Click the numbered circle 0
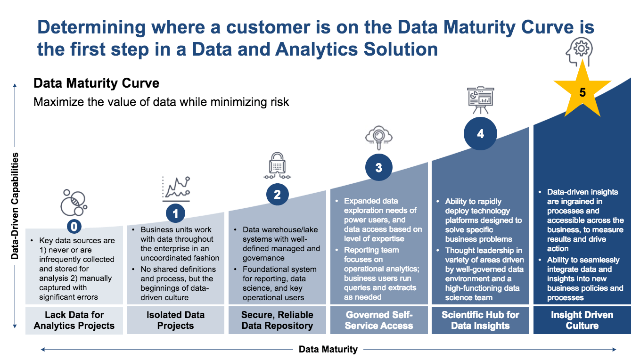click(74, 227)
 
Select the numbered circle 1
click(175, 214)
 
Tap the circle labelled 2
click(277, 195)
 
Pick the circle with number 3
click(378, 168)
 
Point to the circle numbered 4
click(480, 134)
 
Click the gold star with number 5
click(583, 92)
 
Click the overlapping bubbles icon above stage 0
click(74, 203)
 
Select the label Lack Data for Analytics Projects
click(74, 320)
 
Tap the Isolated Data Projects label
click(175, 320)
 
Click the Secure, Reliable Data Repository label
click(277, 320)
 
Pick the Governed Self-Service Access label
click(379, 320)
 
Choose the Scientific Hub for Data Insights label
click(480, 320)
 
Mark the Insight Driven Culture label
click(582, 320)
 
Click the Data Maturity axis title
click(328, 349)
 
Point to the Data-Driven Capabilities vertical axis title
click(16, 205)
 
